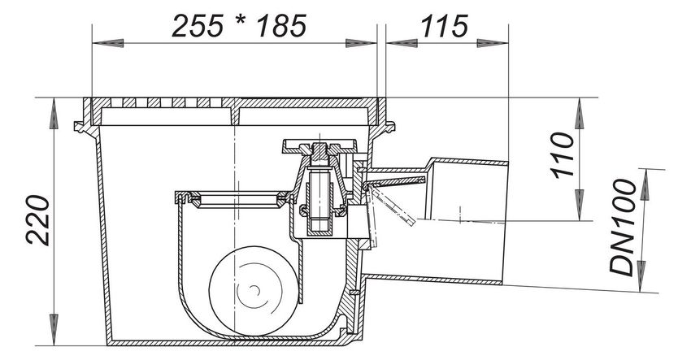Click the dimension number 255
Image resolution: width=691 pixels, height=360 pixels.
197,26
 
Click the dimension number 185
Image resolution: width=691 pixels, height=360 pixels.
281,26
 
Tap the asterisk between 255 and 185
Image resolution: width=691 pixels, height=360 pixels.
240,23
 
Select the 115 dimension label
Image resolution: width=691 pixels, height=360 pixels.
444,26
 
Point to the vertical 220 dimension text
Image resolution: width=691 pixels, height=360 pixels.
38,219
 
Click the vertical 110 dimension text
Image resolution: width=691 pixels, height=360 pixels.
563,155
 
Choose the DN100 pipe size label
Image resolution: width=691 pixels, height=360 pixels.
624,228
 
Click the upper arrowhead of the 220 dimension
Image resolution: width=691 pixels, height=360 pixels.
54,113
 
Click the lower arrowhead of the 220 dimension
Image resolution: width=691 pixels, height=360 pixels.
54,330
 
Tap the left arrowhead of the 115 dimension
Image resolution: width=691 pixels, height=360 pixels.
402,43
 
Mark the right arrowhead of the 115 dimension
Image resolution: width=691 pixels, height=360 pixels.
493,43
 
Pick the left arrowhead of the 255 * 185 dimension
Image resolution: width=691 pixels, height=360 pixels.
108,43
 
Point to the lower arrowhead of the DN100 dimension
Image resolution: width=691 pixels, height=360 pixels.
641,276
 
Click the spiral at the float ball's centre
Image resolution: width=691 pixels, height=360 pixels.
254,289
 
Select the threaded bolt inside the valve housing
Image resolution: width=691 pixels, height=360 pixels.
319,198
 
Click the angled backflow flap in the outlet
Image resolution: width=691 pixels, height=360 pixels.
391,204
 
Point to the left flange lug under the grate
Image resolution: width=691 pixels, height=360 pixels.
82,127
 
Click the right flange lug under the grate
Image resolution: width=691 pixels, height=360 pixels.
389,127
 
